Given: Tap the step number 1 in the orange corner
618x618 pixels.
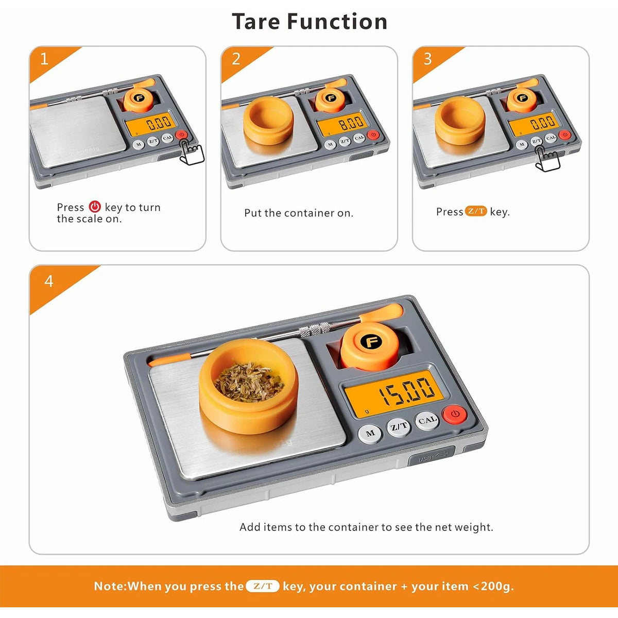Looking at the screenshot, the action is pyautogui.click(x=44, y=59).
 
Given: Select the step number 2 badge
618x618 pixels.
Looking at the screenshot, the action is pyautogui.click(x=236, y=59).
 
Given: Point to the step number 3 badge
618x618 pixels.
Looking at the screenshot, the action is pyautogui.click(x=427, y=59).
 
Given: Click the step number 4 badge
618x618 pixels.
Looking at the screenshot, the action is pyautogui.click(x=48, y=281).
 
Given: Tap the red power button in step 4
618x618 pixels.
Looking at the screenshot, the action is pyautogui.click(x=454, y=414).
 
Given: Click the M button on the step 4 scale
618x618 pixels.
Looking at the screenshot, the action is pyautogui.click(x=370, y=434).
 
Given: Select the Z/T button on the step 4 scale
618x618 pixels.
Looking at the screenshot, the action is pyautogui.click(x=399, y=426).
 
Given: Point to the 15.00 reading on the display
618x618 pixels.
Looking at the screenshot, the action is pyautogui.click(x=407, y=391).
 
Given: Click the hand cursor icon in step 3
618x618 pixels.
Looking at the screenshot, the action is pyautogui.click(x=547, y=159).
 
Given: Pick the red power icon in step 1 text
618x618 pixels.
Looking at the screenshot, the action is pyautogui.click(x=95, y=207).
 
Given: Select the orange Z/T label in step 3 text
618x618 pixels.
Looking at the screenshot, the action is pyautogui.click(x=476, y=211).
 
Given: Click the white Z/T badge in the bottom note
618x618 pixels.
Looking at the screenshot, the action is pyautogui.click(x=263, y=586).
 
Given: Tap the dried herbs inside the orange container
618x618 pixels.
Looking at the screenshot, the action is pyautogui.click(x=249, y=382).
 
